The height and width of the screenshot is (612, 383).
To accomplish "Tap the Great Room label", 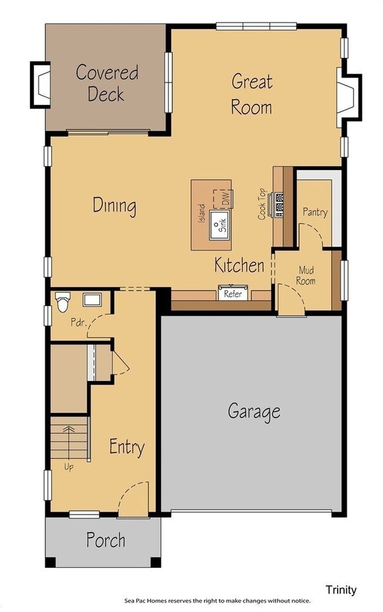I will [252, 94].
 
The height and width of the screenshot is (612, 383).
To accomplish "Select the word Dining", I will [115, 206].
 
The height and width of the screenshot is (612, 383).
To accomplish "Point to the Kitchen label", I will [239, 265].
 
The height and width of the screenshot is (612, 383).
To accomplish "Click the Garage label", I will [254, 411].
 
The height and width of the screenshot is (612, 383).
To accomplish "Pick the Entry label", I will [127, 447].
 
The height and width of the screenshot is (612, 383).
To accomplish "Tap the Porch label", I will [105, 539].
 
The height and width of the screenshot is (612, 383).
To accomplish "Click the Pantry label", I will [315, 212].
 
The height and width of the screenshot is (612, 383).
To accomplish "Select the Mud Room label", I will [306, 276].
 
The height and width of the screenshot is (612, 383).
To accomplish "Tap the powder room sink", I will [91, 299].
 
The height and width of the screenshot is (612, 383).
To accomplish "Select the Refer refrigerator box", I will [233, 293].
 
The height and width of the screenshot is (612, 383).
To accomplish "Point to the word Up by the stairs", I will [69, 467].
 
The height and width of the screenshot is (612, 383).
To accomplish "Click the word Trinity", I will [341, 590].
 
